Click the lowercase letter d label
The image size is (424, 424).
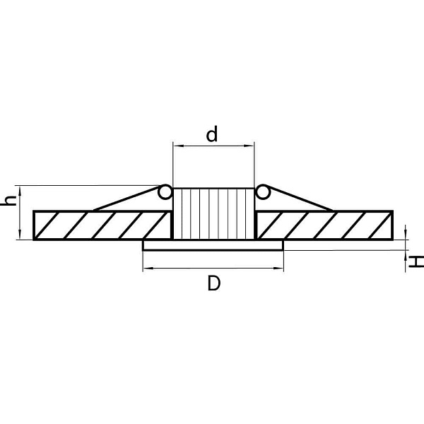(x=212, y=134)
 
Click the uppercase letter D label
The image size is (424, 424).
(x=214, y=283)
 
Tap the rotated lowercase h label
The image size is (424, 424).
(x=8, y=201)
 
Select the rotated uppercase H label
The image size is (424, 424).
(x=416, y=262)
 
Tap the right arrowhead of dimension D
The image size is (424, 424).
(x=278, y=269)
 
